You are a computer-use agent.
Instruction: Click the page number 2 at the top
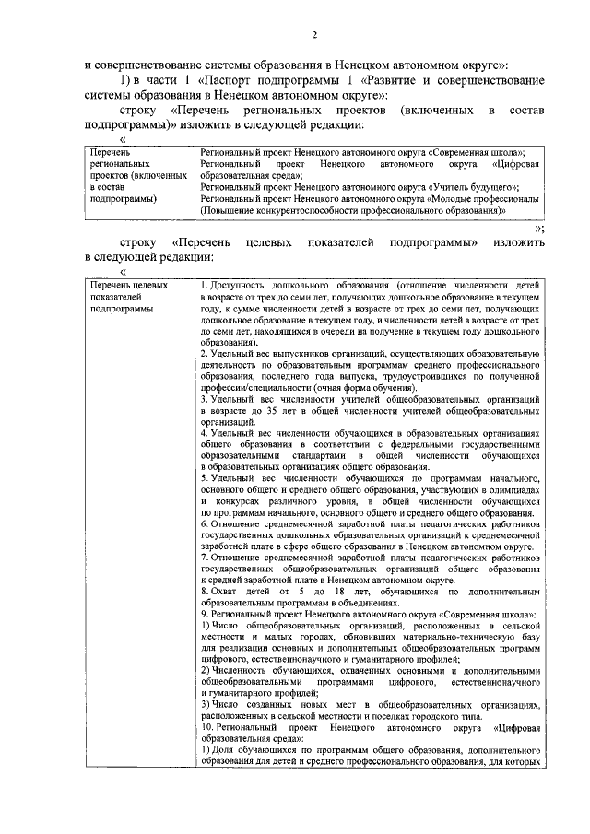313,36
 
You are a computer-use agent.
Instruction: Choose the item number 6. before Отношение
204,524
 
